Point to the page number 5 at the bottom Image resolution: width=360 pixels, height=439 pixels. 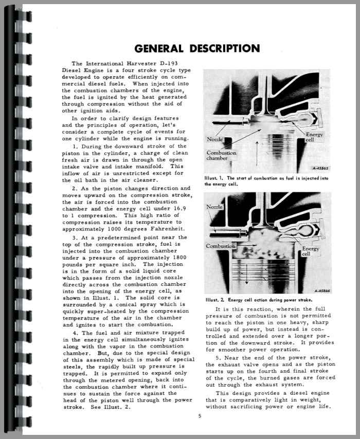192,417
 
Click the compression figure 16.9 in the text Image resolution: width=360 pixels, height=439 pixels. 182,209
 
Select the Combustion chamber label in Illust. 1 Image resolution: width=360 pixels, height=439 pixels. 222,156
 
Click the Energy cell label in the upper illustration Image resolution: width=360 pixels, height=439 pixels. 314,137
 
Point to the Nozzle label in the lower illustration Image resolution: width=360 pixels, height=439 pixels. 215,207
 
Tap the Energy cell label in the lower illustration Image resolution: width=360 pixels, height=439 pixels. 310,251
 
